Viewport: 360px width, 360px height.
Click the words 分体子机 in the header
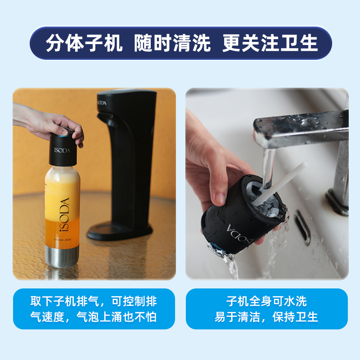click(84, 44)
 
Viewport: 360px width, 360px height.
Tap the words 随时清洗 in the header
click(172, 44)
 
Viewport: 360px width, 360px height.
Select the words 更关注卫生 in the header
click(270, 44)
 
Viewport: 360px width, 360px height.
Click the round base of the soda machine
click(119, 231)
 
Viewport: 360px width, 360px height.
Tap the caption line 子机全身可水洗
click(266, 301)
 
